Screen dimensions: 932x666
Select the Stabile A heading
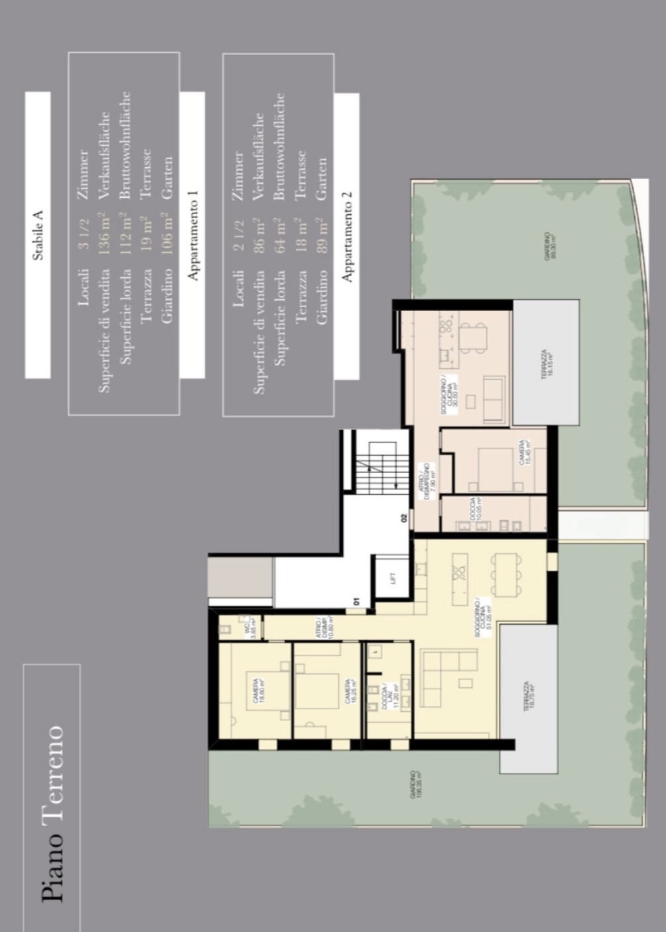pos(38,235)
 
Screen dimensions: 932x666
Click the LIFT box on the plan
pos(393,578)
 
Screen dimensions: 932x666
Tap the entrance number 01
pos(356,602)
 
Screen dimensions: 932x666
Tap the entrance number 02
pos(403,519)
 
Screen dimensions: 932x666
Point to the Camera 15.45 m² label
pos(525,452)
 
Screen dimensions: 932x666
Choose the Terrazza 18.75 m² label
pos(528,697)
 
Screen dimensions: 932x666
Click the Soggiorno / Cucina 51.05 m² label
pos(482,621)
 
